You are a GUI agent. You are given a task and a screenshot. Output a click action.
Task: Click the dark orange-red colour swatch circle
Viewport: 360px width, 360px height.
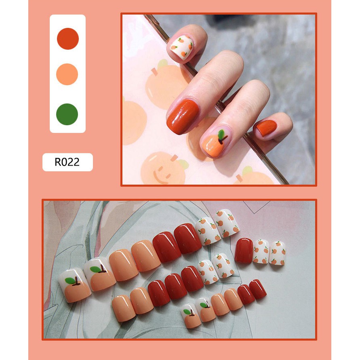click(x=68, y=38)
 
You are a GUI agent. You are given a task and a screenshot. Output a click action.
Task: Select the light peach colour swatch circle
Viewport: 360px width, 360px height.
click(x=67, y=74)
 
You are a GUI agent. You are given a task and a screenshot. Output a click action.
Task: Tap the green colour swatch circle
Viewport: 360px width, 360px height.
click(x=67, y=114)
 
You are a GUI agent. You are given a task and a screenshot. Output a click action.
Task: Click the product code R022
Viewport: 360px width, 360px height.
click(x=67, y=162)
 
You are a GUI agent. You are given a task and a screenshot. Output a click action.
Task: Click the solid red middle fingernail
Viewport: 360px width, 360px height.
click(x=183, y=116)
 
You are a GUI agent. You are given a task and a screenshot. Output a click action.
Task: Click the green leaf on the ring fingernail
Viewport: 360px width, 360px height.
click(x=221, y=135)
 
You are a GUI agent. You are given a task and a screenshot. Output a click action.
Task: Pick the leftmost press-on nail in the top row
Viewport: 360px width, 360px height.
click(x=74, y=285)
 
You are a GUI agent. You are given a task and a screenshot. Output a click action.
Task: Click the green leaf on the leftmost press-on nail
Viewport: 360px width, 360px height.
click(x=70, y=280)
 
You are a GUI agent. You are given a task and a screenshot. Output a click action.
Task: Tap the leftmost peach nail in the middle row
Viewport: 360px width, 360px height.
click(x=124, y=308)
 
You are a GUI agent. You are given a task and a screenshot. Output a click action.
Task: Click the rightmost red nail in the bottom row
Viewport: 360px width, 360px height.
click(x=258, y=289)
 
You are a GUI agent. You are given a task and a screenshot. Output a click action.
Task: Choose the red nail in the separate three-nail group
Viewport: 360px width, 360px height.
click(x=244, y=251)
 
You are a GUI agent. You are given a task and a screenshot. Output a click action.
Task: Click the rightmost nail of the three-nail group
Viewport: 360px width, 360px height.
click(x=277, y=253)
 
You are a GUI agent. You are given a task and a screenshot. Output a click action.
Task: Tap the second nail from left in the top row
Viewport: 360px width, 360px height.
click(x=99, y=274)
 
